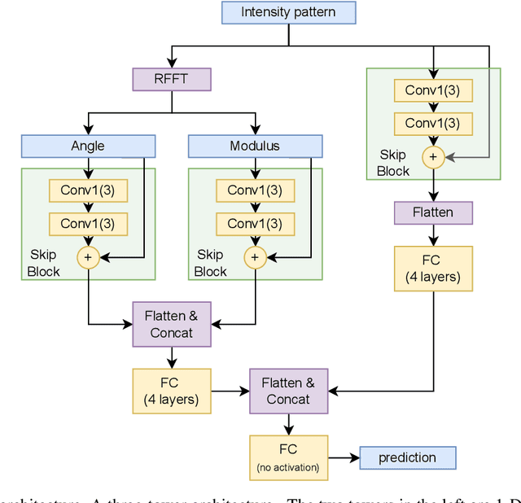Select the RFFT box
(171, 79)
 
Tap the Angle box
(88, 146)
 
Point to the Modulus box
(255, 146)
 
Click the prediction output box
(407, 457)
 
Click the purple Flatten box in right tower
(433, 212)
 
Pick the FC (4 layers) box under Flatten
(433, 268)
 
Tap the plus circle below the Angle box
(87, 258)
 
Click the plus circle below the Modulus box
(255, 258)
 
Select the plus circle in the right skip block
(433, 157)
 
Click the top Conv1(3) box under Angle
(88, 190)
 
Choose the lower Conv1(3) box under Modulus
(255, 223)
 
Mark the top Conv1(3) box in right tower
(433, 90)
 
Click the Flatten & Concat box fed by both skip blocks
(171, 324)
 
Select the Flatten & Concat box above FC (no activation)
(288, 391)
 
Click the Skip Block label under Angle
(43, 264)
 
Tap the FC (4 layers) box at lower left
(171, 391)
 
